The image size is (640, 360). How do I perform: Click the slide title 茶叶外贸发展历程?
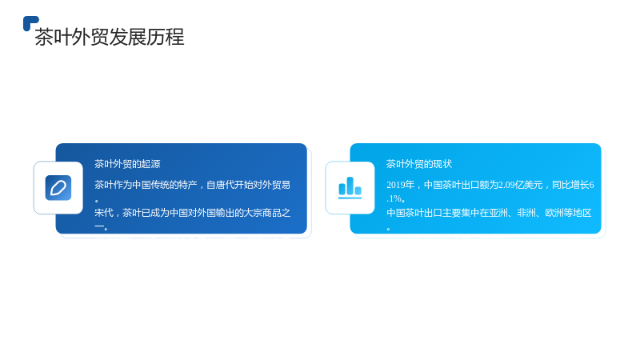click(x=110, y=37)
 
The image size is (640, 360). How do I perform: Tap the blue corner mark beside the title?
click(x=30, y=23)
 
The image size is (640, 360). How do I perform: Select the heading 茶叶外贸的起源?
click(x=127, y=164)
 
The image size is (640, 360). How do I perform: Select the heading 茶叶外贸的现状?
click(x=419, y=164)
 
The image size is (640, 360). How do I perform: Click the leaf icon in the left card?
click(x=58, y=188)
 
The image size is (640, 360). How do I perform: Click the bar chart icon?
click(x=350, y=188)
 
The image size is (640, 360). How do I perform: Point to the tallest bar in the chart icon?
click(x=350, y=186)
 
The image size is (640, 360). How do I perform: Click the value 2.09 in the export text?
click(x=506, y=185)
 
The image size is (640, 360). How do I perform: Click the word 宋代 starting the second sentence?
click(x=104, y=213)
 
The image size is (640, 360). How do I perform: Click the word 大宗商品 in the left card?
click(x=262, y=213)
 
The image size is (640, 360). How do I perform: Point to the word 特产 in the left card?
click(x=188, y=185)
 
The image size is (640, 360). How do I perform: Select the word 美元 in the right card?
click(x=534, y=185)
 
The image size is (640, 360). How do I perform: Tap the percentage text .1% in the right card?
click(x=394, y=198)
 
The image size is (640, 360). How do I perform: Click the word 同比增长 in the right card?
click(x=570, y=185)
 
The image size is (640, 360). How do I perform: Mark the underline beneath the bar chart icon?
click(x=350, y=198)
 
